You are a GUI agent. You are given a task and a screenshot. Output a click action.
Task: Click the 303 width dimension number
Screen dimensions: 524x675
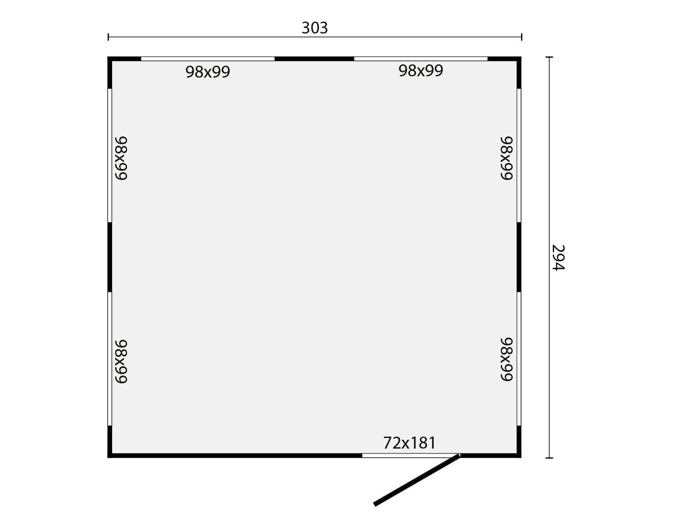pos(315,28)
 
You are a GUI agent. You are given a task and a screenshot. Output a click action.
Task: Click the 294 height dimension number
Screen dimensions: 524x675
pos(558,258)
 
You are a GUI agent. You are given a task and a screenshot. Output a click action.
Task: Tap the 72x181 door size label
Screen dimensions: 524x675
pos(409,442)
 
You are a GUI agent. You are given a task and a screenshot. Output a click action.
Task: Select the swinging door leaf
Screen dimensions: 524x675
pos(417,479)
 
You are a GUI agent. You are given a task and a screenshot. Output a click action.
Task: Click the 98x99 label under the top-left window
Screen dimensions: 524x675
pos(207,72)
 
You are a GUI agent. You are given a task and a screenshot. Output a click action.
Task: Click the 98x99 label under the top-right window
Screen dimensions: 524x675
pos(420,71)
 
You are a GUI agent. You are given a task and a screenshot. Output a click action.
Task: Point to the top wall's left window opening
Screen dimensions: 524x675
pos(207,59)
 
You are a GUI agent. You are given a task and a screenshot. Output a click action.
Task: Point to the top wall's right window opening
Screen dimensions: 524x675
pos(420,59)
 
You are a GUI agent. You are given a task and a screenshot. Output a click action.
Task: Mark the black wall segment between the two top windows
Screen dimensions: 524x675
pos(314,59)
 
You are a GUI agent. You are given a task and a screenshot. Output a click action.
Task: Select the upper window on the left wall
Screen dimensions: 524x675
pos(110,155)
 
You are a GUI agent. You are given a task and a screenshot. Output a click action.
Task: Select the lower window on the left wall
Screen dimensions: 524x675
pos(110,359)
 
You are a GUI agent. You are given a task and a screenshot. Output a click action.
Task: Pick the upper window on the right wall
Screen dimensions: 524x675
pos(519,155)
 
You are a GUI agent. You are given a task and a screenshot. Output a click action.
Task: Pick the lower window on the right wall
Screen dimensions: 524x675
pos(519,359)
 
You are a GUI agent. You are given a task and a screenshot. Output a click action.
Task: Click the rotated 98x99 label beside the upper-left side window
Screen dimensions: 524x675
pos(121,158)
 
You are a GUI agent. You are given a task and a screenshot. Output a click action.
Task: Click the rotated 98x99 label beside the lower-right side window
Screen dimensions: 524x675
pos(507,359)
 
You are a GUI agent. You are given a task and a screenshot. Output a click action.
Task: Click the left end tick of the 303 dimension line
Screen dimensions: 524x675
pos(109,37)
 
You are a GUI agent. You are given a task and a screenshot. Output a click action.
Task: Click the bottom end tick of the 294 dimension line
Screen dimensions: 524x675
pos(549,458)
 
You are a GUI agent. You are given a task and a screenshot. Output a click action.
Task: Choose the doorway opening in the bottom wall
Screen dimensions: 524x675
pos(410,455)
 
